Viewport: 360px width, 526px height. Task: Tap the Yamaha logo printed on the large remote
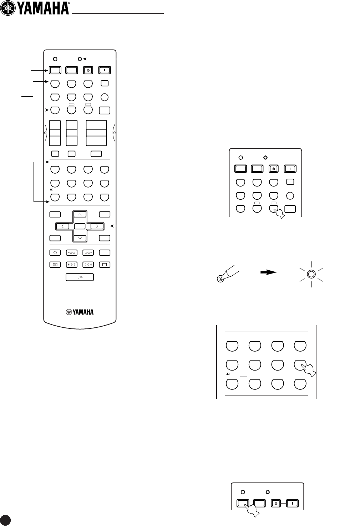coord(80,312)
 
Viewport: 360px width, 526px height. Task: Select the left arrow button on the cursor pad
coord(62,226)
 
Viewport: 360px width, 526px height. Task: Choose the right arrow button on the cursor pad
coord(97,226)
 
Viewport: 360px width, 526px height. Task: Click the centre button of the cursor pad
coord(80,226)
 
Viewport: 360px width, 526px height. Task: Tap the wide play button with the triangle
coord(80,277)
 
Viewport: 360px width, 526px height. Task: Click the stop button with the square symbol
coord(105,265)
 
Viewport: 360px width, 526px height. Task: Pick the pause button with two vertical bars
coord(55,265)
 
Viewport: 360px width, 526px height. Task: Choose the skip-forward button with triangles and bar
coord(88,265)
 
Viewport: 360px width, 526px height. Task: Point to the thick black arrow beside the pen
coord(268,272)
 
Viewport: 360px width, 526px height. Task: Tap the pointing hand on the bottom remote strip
coord(251,509)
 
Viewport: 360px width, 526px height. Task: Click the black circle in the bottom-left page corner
coord(5,520)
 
